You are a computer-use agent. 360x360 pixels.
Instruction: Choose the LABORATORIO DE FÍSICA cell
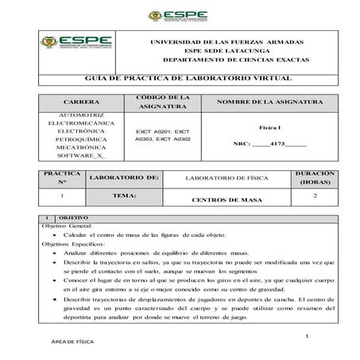coord(225,177)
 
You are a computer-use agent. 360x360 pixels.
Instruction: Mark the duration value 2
coord(315,195)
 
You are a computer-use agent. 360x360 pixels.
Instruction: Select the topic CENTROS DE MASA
coord(226,199)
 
